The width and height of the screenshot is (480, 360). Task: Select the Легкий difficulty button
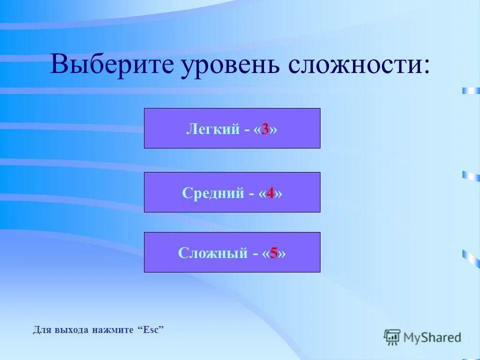(x=232, y=128)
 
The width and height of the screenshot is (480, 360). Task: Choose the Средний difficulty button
(x=232, y=192)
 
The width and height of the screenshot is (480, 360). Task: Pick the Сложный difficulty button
(x=232, y=252)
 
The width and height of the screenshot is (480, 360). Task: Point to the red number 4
(x=270, y=193)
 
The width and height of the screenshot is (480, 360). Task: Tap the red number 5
(x=273, y=253)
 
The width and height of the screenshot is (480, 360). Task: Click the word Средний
(x=212, y=193)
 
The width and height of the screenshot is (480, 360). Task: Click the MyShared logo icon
(x=392, y=337)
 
